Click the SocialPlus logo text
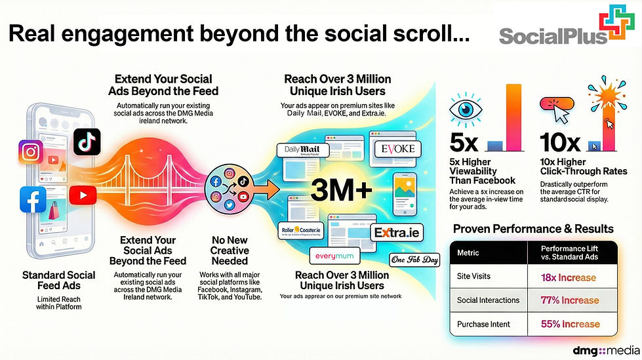[x=554, y=35]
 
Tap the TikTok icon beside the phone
[x=87, y=142]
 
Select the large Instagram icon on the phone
[x=30, y=152]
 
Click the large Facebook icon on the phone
[x=33, y=199]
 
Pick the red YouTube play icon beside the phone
[x=83, y=195]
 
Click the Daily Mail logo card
[x=301, y=151]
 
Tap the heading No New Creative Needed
[x=229, y=250]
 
